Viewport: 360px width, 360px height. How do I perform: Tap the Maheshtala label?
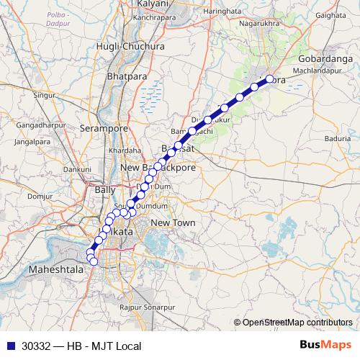pyautogui.click(x=55, y=269)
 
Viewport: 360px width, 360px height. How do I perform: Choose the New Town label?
pyautogui.click(x=173, y=223)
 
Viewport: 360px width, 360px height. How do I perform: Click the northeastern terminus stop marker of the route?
pyautogui.click(x=270, y=80)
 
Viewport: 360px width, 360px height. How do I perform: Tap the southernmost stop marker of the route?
pyautogui.click(x=94, y=261)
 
